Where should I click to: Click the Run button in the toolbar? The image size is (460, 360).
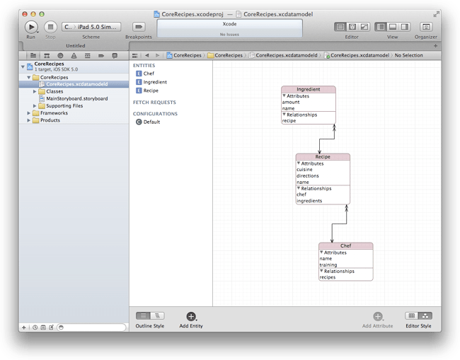click(x=30, y=26)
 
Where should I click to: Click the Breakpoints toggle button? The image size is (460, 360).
click(x=138, y=26)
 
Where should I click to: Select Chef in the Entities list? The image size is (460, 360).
click(x=149, y=74)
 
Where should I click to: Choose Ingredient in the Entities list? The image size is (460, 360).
click(x=155, y=82)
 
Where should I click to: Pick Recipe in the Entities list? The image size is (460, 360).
click(x=151, y=91)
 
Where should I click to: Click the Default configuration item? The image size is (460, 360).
click(x=151, y=122)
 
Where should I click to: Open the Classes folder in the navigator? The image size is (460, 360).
click(x=54, y=91)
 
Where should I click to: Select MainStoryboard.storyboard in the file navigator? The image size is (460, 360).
click(x=76, y=98)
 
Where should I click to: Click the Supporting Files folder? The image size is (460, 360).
click(x=64, y=106)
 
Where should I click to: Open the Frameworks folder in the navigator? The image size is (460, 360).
click(x=54, y=113)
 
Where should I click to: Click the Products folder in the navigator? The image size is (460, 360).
click(x=50, y=120)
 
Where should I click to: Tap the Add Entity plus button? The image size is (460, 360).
click(x=191, y=317)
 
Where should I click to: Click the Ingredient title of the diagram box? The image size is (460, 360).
click(x=309, y=90)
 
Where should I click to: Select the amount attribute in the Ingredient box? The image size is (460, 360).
click(x=291, y=102)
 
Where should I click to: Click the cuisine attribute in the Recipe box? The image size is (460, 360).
click(x=305, y=170)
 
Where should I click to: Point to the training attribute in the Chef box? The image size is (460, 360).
click(x=328, y=265)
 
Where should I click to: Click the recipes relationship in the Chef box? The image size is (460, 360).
click(x=328, y=277)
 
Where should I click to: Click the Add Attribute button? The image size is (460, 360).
click(x=378, y=317)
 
